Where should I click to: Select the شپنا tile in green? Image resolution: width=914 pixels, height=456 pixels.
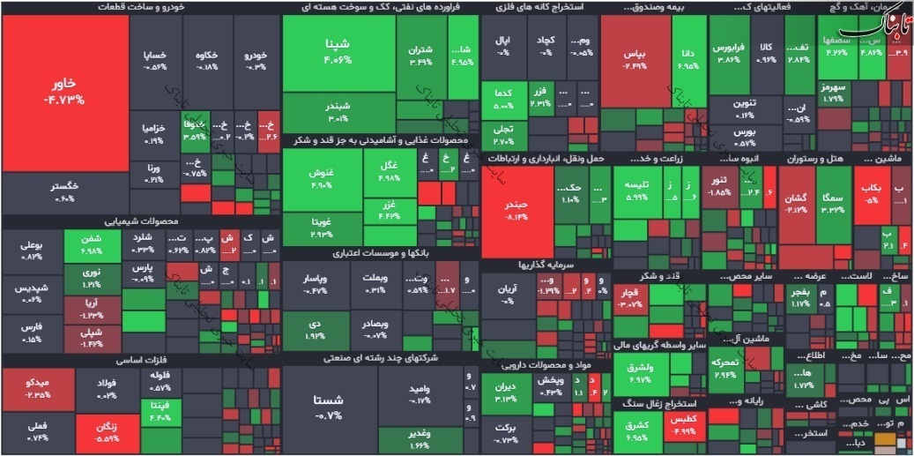(x=338, y=52)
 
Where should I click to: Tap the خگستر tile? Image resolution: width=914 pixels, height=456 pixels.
(x=64, y=191)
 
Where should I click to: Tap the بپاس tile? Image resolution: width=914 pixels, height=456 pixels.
(x=635, y=59)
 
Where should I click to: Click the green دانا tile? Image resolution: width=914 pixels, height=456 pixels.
(x=688, y=59)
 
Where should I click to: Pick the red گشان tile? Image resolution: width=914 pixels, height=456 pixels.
(x=796, y=203)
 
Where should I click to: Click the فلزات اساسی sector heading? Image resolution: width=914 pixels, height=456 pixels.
(x=140, y=360)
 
